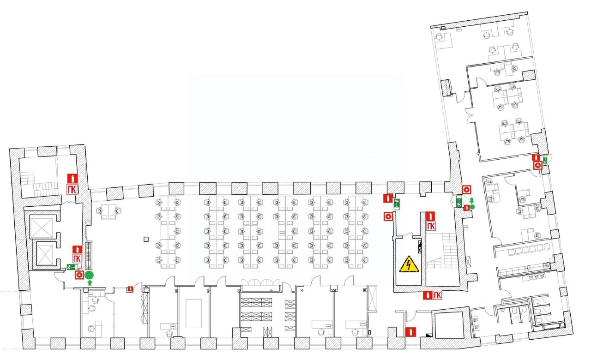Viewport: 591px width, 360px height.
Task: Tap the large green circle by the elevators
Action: coord(89,275)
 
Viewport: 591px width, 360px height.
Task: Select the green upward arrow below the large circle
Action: coord(90,282)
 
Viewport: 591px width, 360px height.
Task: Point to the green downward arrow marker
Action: coord(472,200)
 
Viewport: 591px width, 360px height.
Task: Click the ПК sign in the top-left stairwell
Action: coord(72,189)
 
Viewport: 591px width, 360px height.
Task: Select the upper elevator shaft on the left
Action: coord(43,226)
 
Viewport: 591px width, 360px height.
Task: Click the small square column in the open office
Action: coord(146,239)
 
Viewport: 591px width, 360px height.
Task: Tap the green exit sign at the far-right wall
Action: coord(545,160)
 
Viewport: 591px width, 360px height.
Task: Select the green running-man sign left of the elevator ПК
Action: coord(71,267)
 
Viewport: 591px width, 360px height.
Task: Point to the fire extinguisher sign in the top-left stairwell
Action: coord(72,178)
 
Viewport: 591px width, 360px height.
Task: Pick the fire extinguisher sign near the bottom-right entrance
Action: coord(409,331)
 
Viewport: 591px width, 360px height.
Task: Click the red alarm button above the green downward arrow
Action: coord(467,190)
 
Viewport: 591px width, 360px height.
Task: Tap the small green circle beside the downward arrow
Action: coord(472,207)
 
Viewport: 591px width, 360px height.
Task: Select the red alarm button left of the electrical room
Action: coord(388,216)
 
